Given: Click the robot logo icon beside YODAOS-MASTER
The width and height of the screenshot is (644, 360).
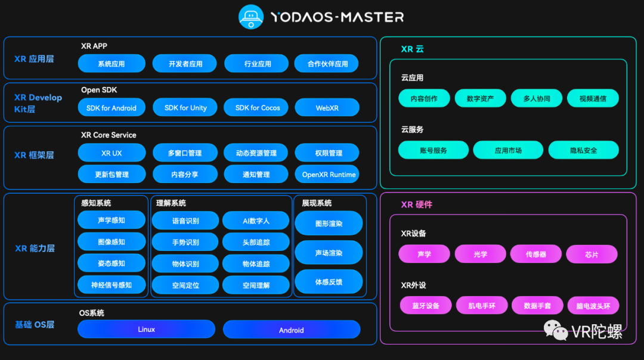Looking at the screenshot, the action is [251, 17].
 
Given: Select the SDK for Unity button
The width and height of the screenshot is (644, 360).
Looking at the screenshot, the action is [186, 108].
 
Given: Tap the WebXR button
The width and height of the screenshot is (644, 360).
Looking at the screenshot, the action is [327, 108].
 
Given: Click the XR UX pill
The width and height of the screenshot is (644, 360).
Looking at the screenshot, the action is [112, 153].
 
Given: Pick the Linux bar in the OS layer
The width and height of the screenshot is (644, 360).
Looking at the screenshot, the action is [146, 329].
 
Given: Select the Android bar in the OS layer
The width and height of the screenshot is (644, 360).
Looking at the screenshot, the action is [292, 330].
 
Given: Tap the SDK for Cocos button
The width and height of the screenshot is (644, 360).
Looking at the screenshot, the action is [257, 108].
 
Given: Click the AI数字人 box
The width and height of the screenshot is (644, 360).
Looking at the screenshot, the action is [256, 221].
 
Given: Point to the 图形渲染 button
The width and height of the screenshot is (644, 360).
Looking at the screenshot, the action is [329, 224].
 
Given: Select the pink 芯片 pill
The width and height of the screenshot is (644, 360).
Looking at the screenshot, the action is [592, 254].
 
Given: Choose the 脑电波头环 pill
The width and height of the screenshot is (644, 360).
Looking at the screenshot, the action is [593, 306].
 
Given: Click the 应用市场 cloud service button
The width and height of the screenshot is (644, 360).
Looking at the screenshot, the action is [508, 150].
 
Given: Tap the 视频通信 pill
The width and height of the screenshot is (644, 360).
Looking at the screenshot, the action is [593, 98].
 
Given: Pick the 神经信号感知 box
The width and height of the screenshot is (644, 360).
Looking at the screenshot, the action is [112, 285].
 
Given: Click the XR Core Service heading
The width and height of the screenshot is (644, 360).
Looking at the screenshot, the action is [109, 135].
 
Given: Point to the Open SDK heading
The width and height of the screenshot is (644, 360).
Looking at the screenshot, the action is [99, 90].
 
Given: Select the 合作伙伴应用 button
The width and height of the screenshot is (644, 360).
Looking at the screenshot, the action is [327, 64].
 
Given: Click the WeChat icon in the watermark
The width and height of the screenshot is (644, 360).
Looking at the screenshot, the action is [555, 330].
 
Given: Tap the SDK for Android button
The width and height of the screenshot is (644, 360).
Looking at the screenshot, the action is [112, 108].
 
